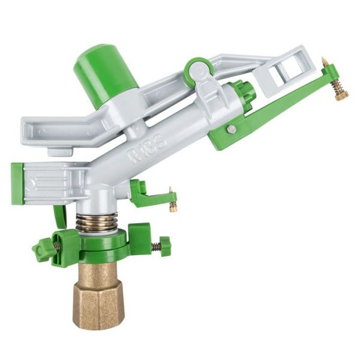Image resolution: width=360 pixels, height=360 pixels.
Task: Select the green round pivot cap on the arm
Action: coord(199,71)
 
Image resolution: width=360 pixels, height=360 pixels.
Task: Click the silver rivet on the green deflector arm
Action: coord(231,129)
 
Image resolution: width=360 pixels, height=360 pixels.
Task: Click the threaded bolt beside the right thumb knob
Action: coord(154,246)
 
